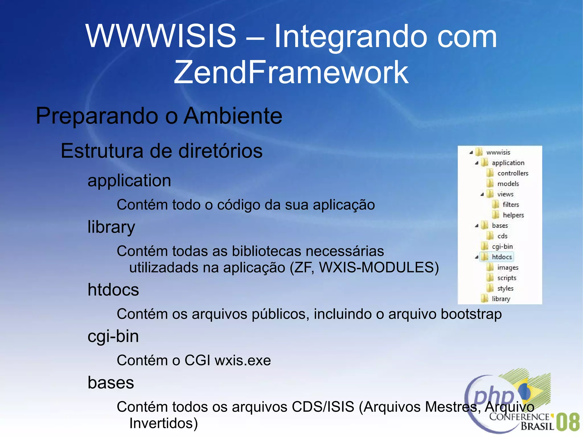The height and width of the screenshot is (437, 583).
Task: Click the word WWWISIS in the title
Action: (161, 36)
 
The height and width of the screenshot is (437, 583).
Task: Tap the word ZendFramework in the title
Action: (291, 72)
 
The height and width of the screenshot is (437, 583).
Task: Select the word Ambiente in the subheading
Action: (233, 116)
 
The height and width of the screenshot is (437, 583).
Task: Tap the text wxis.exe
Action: (243, 361)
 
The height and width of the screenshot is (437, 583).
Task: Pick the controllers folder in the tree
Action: (512, 173)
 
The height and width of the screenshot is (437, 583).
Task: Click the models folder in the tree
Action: (508, 184)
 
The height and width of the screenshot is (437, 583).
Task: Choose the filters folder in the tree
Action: (510, 205)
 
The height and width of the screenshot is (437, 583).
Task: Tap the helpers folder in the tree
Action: (513, 215)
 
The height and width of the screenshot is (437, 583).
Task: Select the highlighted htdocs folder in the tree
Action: (502, 257)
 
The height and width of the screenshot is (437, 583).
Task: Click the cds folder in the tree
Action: (502, 236)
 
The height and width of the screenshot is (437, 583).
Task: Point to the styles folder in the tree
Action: (505, 288)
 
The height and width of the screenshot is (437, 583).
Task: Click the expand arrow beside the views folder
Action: (482, 194)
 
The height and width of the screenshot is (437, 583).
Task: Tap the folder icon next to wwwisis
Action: (479, 152)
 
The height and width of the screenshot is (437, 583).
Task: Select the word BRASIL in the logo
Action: (537, 426)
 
